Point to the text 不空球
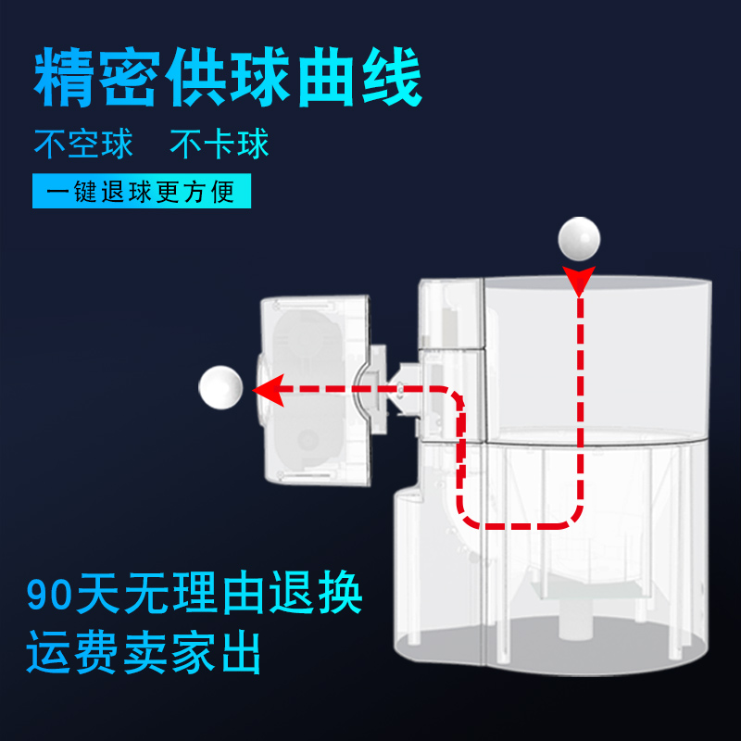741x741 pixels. (x=83, y=144)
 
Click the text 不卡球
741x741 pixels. (x=220, y=144)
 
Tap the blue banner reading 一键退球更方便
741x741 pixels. (x=142, y=193)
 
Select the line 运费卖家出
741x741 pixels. (x=144, y=655)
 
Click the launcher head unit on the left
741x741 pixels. (x=315, y=389)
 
